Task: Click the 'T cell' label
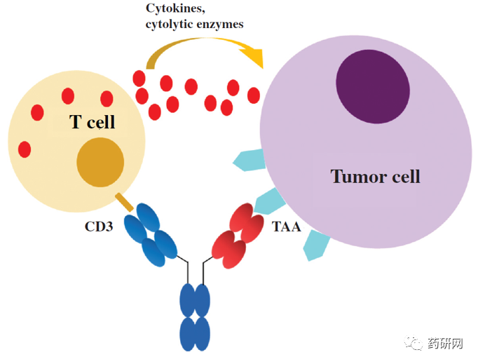coord(92,123)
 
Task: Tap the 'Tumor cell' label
coord(375,175)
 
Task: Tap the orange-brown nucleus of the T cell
coord(100,163)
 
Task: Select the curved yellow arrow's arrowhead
coord(256,58)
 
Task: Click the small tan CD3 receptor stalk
coord(123,203)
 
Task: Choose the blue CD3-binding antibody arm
coord(151,235)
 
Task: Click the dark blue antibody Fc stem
coord(195,316)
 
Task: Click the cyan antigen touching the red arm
coord(268,203)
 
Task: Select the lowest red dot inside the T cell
coord(25,149)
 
